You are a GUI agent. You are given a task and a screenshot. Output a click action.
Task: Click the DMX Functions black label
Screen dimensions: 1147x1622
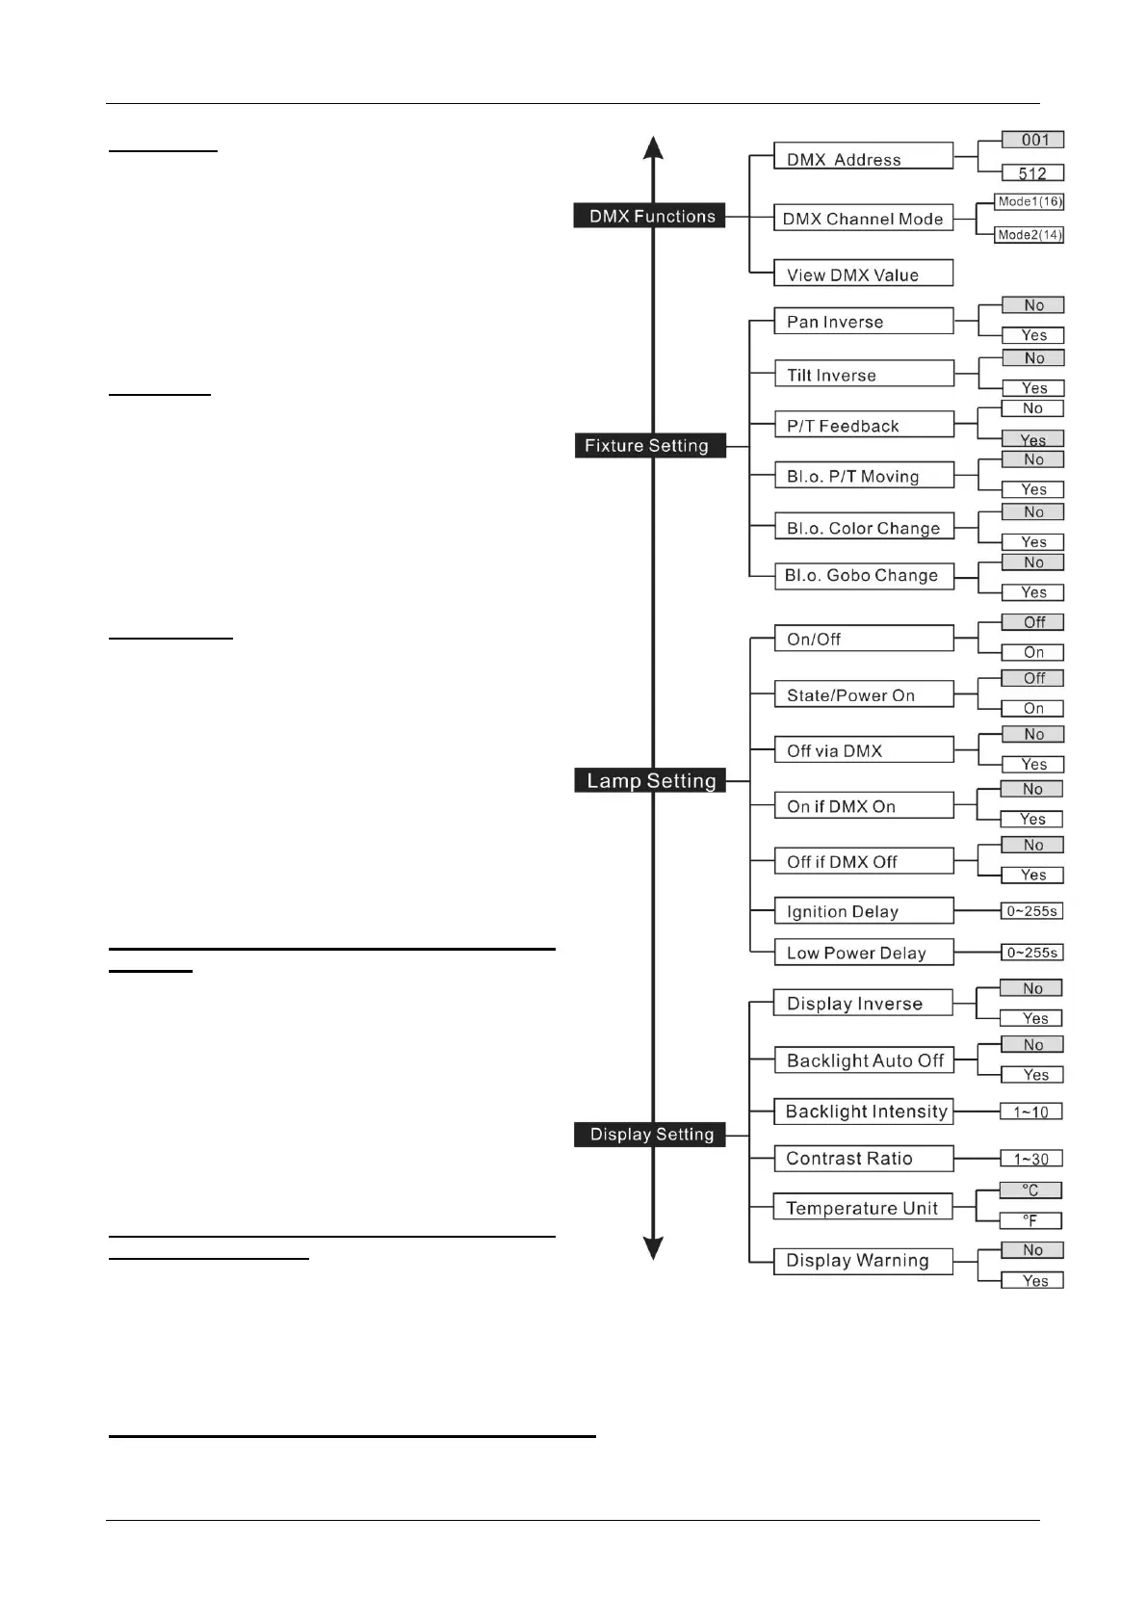(650, 216)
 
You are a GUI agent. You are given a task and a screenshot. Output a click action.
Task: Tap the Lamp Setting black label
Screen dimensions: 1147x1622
(650, 780)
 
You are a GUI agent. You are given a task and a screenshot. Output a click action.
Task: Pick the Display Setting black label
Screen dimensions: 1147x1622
(650, 1134)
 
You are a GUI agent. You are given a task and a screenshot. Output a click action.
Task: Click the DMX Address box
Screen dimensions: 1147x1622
(863, 157)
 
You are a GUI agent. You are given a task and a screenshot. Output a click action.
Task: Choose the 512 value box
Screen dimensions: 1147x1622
(1032, 173)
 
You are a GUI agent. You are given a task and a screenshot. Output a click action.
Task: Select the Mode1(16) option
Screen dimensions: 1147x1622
(1030, 202)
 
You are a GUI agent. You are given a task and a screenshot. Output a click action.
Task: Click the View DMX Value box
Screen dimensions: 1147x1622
(863, 274)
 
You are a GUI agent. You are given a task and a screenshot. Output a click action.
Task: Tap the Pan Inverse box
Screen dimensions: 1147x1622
(863, 321)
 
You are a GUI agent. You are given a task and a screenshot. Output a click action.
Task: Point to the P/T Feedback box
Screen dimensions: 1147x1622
(863, 425)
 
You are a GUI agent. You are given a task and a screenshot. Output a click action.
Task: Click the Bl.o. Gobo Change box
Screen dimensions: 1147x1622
(863, 575)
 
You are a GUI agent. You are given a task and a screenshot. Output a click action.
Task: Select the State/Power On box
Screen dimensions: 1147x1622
(863, 694)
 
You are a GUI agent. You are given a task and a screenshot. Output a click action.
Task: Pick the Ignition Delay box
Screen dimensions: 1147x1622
(863, 911)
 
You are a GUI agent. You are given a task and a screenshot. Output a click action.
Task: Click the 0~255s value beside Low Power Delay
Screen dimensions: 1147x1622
(1031, 953)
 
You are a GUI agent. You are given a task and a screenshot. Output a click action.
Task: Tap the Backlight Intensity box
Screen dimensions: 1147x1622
(863, 1112)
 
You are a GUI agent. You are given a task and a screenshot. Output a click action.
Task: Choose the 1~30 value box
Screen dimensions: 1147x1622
(1030, 1159)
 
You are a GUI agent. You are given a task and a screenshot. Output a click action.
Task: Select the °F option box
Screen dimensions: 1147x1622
(1030, 1220)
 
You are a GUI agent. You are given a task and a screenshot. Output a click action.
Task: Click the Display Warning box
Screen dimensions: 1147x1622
(863, 1261)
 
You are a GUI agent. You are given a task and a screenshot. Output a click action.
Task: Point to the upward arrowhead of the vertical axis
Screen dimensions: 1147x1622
(653, 147)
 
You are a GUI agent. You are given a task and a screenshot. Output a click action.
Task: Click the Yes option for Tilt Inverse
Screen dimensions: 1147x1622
(1033, 388)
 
